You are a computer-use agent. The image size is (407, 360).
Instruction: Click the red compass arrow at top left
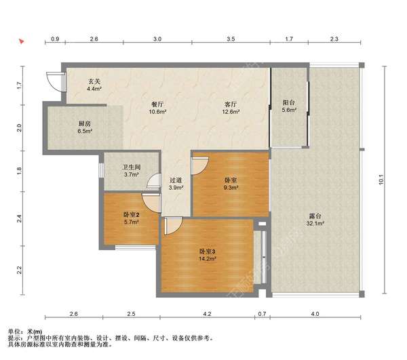(22, 41)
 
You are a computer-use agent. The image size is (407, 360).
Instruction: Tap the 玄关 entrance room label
(94, 81)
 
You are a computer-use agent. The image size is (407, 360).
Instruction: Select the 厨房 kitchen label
(85, 123)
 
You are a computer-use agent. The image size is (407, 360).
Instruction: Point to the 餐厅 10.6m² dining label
(157, 108)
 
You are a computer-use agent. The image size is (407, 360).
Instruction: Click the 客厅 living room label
(231, 104)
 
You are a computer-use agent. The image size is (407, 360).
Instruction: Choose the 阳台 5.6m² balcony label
(289, 106)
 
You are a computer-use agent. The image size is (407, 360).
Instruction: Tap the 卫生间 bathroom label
(131, 167)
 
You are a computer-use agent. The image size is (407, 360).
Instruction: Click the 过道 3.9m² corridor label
(176, 184)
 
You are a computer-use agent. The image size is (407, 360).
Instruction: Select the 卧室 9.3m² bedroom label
(231, 184)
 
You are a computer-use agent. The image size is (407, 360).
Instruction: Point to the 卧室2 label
(132, 215)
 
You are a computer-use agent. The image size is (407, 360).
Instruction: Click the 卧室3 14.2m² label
(208, 255)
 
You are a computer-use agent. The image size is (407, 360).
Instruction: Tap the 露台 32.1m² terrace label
(315, 220)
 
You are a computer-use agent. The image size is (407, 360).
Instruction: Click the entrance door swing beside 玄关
(56, 81)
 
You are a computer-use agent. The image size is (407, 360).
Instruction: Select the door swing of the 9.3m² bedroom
(199, 166)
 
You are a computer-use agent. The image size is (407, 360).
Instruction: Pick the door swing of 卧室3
(173, 226)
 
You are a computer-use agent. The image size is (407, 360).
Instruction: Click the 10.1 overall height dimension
(381, 180)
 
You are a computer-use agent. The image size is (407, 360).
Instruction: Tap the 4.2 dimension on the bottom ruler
(207, 314)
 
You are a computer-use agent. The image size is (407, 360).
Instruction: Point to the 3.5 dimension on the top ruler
(231, 39)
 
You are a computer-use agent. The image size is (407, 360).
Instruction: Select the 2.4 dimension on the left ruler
(19, 219)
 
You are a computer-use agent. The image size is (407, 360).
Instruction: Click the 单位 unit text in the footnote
(14, 332)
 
